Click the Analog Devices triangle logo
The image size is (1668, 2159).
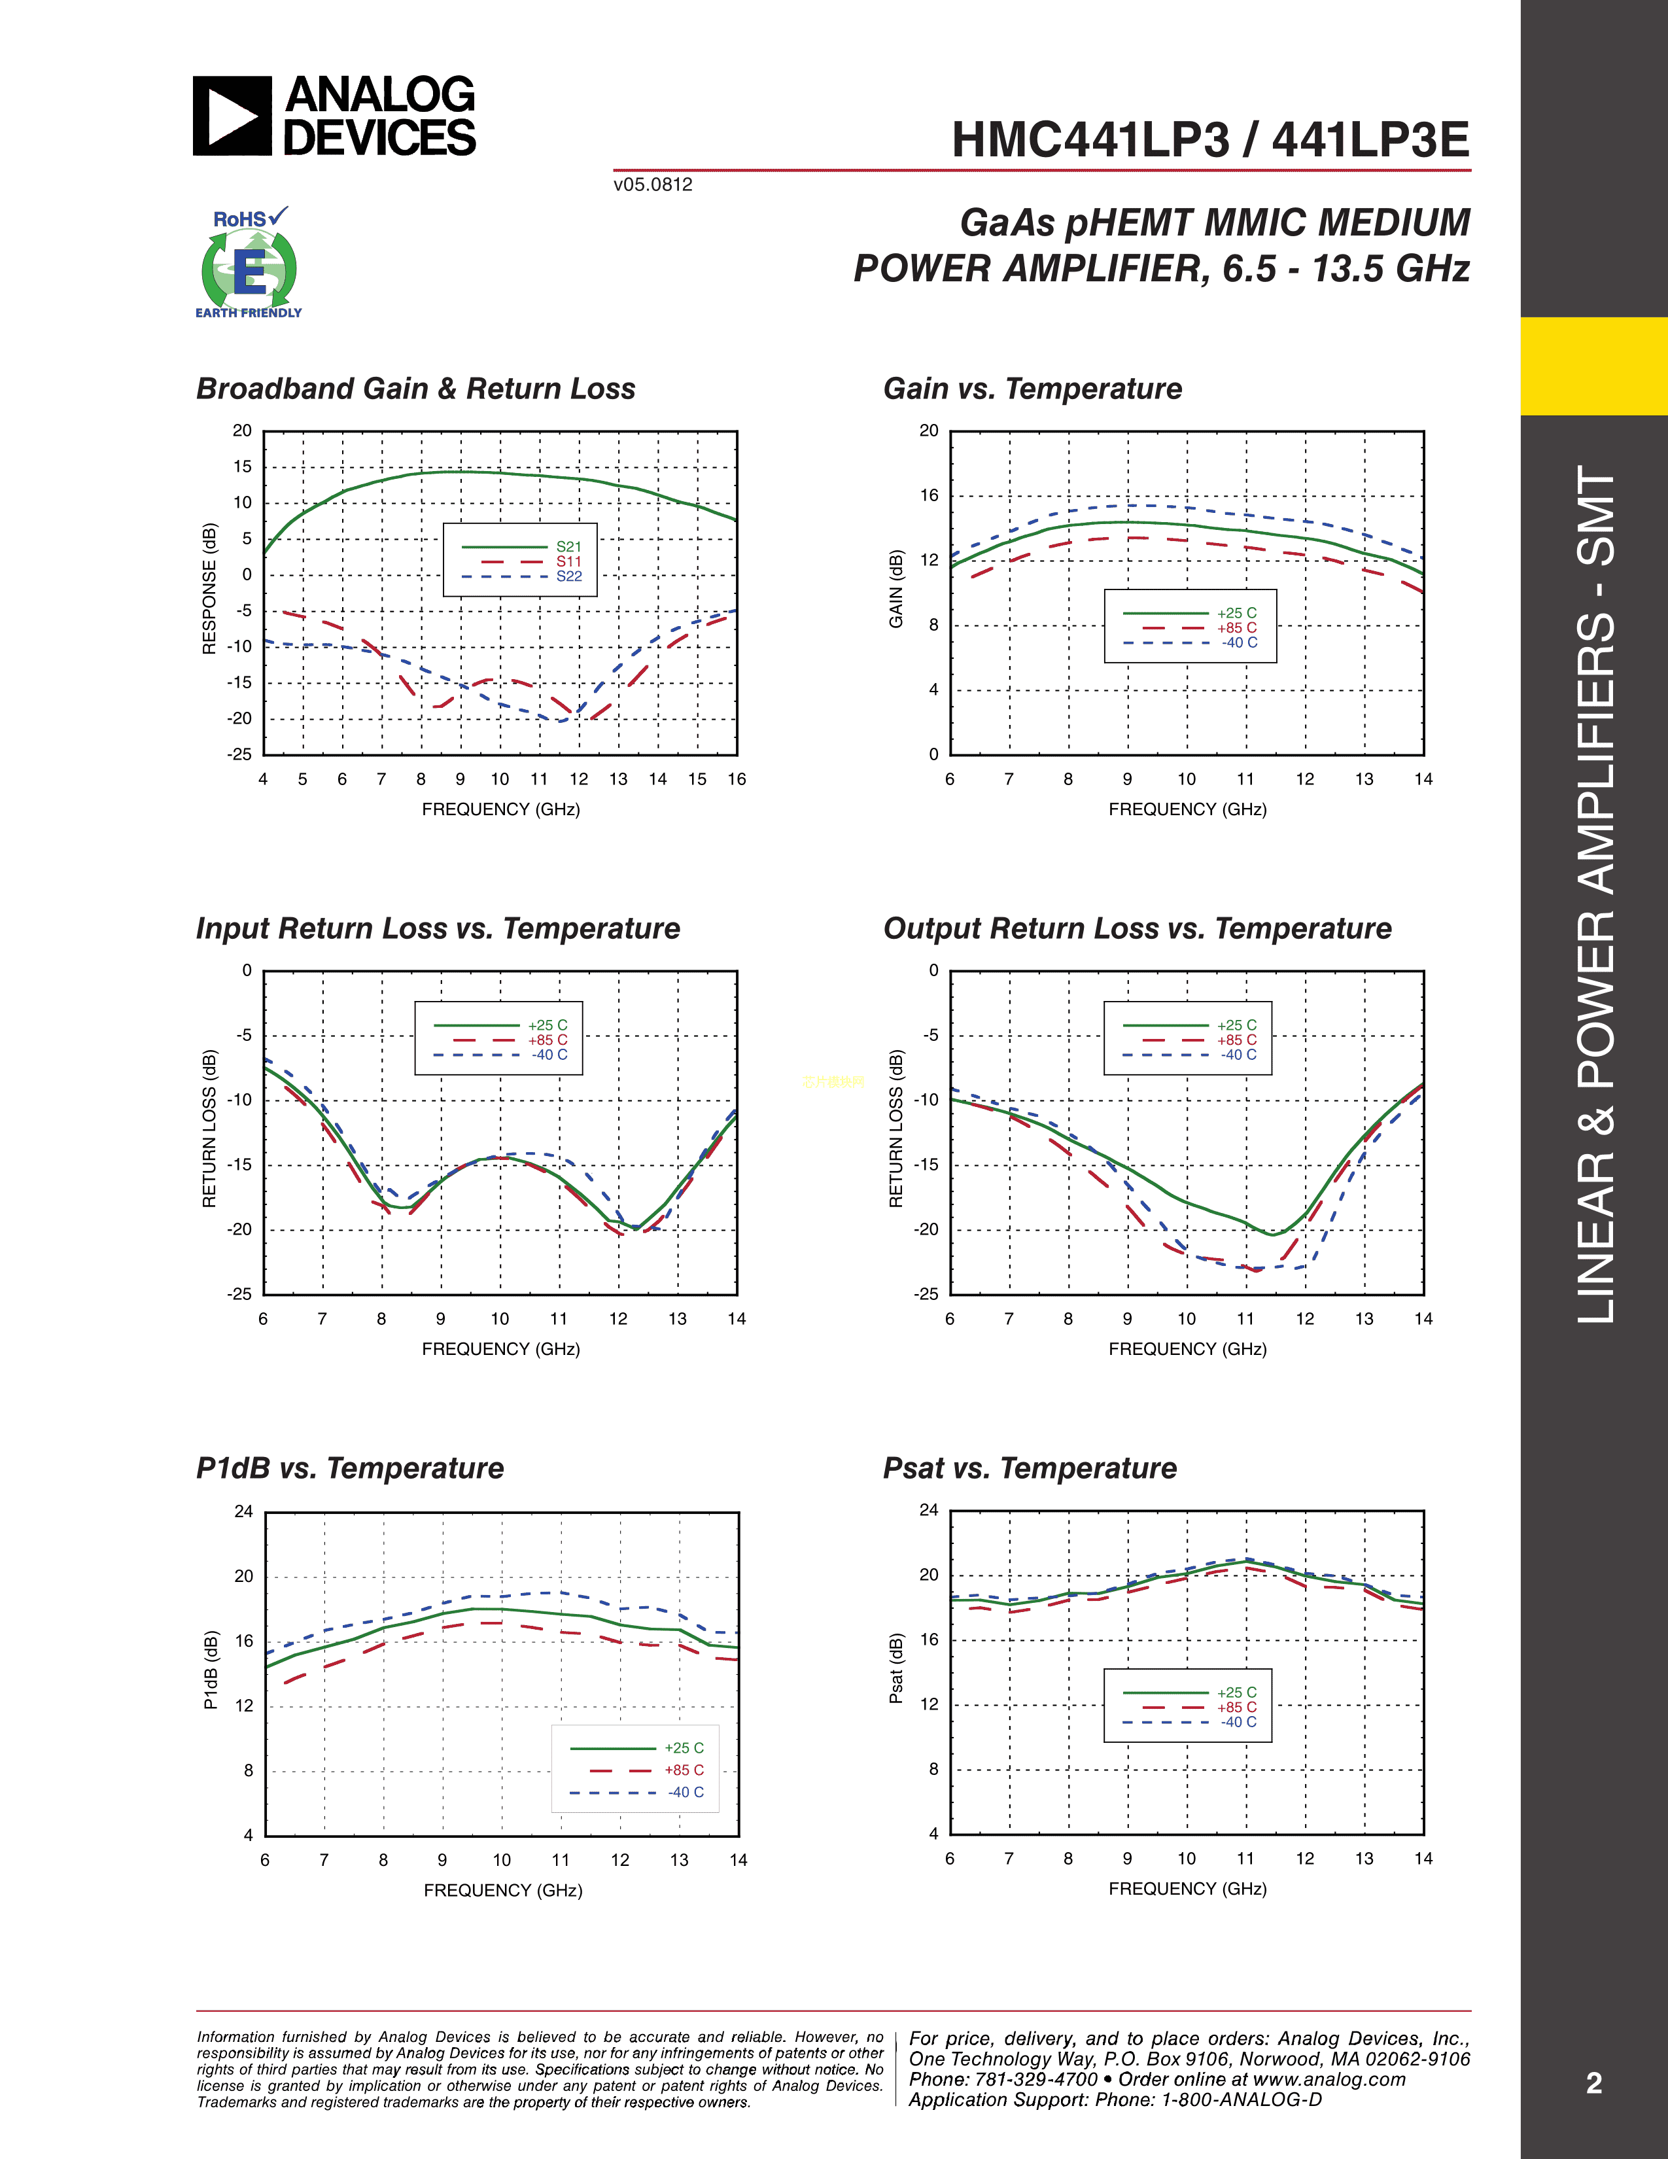(232, 116)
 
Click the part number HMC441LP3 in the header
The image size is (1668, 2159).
(1089, 141)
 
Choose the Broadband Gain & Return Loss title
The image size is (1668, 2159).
(415, 389)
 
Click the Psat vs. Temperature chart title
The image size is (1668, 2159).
(1030, 1468)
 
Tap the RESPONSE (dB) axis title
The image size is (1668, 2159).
(209, 588)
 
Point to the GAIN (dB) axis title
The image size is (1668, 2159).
(896, 588)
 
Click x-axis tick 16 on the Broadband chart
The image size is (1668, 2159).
(736, 779)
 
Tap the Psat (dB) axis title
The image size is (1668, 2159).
(896, 1669)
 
